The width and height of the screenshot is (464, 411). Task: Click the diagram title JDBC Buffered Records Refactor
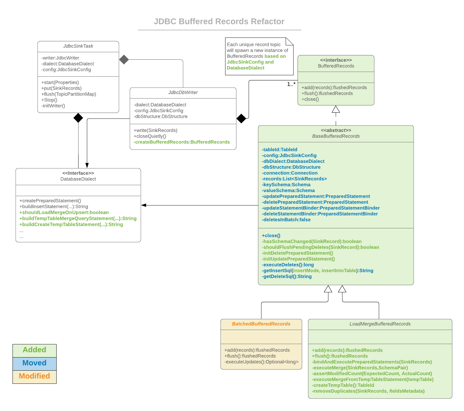pyautogui.click(x=219, y=21)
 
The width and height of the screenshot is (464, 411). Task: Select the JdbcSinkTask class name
pyautogui.click(x=78, y=46)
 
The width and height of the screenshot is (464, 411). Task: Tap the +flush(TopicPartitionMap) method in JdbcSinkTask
pyautogui.click(x=69, y=94)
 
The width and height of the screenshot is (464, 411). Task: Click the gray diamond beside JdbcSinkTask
pyautogui.click(x=124, y=59)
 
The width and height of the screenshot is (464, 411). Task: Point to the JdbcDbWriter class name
pyautogui.click(x=183, y=93)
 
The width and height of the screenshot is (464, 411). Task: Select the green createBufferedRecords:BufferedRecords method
pyautogui.click(x=182, y=142)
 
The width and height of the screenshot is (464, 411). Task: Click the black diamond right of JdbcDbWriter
pyautogui.click(x=241, y=119)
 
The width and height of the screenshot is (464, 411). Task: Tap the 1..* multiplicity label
pyautogui.click(x=291, y=84)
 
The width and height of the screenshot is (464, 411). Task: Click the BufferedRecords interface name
pyautogui.click(x=336, y=66)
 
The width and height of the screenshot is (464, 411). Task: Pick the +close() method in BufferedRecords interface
pyautogui.click(x=310, y=99)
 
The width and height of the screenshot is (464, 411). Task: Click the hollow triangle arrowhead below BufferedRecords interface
pyautogui.click(x=336, y=109)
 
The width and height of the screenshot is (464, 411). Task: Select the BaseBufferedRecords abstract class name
pyautogui.click(x=336, y=136)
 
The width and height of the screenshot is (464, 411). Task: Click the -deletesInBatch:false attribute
pyautogui.click(x=286, y=220)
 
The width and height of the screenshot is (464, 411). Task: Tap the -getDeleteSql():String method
pyautogui.click(x=287, y=277)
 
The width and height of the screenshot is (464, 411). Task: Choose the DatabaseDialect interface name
pyautogui.click(x=78, y=179)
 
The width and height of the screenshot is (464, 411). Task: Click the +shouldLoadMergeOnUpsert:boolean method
pyautogui.click(x=64, y=212)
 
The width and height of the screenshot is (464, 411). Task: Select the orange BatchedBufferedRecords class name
pyautogui.click(x=261, y=324)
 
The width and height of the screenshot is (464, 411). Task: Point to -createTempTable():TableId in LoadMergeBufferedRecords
pyautogui.click(x=343, y=385)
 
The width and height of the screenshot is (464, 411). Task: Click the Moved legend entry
pyautogui.click(x=34, y=363)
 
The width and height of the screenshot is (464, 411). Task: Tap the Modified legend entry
pyautogui.click(x=34, y=376)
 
